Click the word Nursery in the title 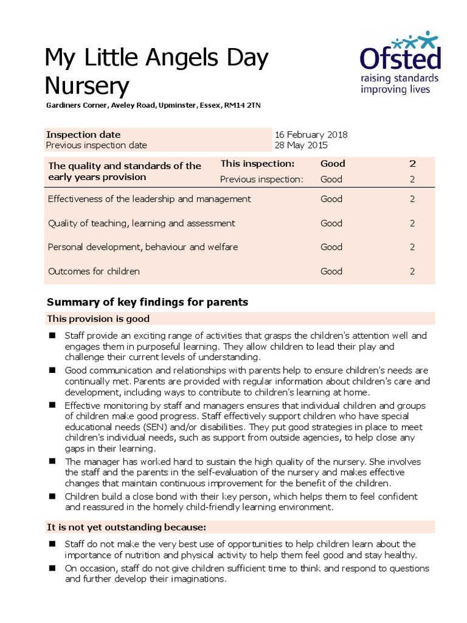(x=88, y=86)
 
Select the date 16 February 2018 (x=311, y=134)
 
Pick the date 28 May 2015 (x=301, y=145)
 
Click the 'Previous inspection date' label (x=97, y=145)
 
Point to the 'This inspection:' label (x=257, y=164)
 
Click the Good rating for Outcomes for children (x=331, y=271)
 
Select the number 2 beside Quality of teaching (x=412, y=223)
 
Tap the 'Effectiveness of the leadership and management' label (x=149, y=199)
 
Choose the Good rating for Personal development (x=331, y=247)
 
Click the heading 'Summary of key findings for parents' (x=148, y=302)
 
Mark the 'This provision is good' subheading (x=98, y=319)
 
